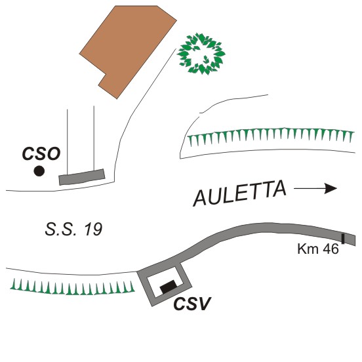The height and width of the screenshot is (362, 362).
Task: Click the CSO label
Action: click(x=41, y=153)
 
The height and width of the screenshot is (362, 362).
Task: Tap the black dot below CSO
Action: click(x=39, y=171)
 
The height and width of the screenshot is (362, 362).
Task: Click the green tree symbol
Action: click(x=201, y=54)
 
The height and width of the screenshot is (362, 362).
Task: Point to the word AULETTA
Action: click(x=239, y=193)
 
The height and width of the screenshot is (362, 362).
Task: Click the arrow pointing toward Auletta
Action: click(x=315, y=189)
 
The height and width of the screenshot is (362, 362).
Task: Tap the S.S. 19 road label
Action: click(x=73, y=230)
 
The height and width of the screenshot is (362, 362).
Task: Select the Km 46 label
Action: click(x=318, y=249)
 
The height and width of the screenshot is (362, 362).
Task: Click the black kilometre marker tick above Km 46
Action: click(x=343, y=239)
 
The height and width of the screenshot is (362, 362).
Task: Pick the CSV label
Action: click(x=192, y=304)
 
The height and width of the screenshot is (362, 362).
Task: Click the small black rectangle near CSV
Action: click(x=169, y=287)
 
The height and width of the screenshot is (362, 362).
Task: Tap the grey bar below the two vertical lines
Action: click(x=82, y=177)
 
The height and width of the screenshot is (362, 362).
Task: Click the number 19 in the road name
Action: click(x=93, y=230)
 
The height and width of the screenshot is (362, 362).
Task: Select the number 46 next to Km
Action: click(x=331, y=249)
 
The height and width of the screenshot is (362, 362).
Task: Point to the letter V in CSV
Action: click(x=205, y=304)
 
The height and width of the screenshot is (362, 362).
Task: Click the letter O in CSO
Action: click(x=54, y=153)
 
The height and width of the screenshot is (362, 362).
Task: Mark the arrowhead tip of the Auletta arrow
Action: click(x=337, y=189)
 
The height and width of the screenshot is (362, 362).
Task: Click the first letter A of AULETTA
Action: click(x=200, y=198)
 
